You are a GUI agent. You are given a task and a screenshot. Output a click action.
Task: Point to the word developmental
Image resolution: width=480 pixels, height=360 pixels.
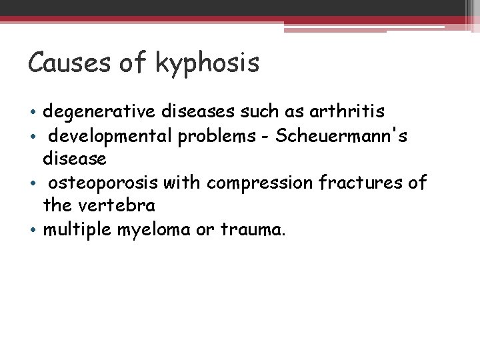click(x=109, y=137)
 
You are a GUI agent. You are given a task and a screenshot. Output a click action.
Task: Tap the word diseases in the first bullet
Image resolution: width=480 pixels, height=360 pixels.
click(x=203, y=113)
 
